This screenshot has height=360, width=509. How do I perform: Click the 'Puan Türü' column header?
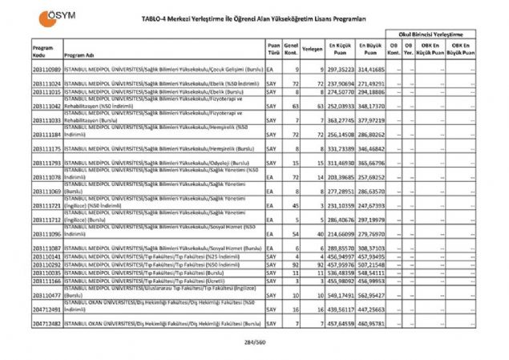pyautogui.click(x=273, y=50)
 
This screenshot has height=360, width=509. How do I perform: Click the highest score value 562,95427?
pyautogui.click(x=371, y=294)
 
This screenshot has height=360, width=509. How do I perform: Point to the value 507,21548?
pyautogui.click(x=371, y=264)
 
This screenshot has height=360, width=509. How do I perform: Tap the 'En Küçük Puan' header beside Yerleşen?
pyautogui.click(x=341, y=50)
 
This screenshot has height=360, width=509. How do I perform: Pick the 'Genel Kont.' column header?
pyautogui.click(x=293, y=50)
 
